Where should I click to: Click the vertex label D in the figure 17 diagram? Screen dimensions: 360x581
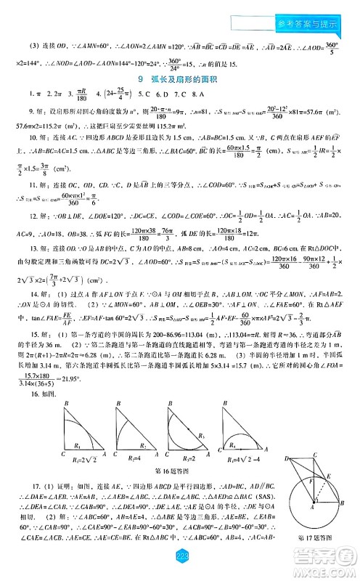[287, 459]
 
